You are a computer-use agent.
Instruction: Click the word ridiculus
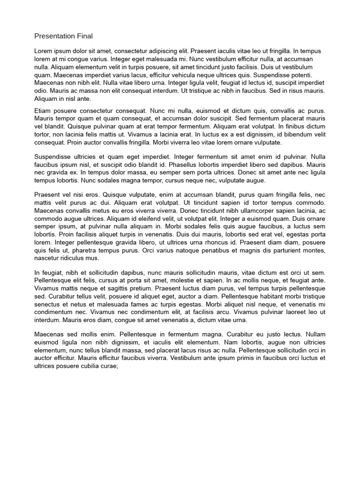pos(69,258)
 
